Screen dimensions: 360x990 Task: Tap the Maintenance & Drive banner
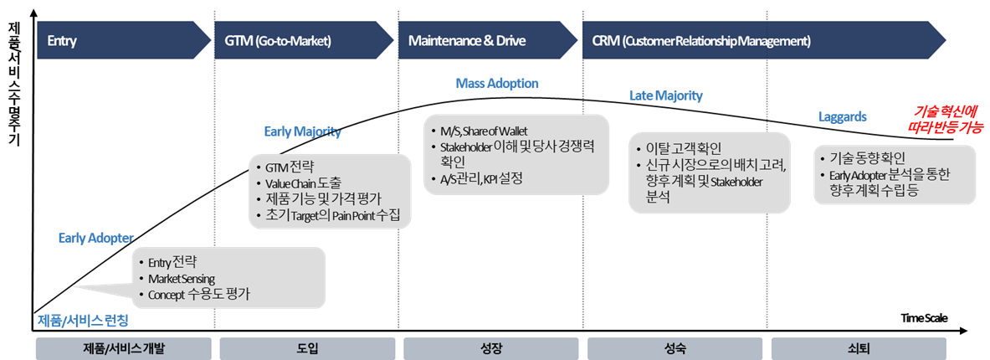click(485, 40)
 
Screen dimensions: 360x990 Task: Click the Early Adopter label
click(95, 239)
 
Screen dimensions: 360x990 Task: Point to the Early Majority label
click(302, 131)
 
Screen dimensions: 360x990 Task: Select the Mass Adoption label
click(497, 84)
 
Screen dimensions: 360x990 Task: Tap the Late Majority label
click(665, 96)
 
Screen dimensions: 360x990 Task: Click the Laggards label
click(841, 117)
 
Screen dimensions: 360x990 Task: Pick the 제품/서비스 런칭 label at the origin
click(83, 320)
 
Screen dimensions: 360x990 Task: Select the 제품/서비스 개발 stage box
click(123, 348)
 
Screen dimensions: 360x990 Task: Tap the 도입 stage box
click(307, 348)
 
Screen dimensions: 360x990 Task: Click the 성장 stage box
click(491, 348)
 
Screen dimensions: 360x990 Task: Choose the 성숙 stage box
click(675, 348)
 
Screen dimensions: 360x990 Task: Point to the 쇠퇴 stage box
click(859, 348)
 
